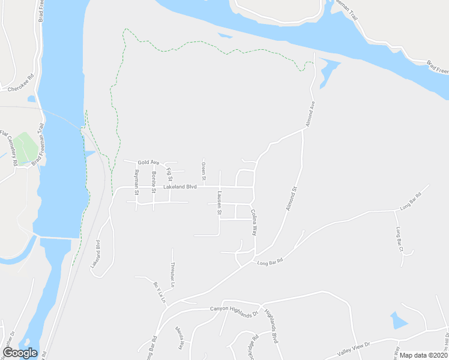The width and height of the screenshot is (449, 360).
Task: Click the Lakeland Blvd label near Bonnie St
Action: click(180, 187)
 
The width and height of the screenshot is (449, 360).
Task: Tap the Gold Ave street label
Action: click(148, 163)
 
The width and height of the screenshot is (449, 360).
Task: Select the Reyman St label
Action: click(137, 179)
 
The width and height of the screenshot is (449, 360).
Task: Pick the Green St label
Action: click(203, 171)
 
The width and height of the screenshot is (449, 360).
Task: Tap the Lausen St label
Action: click(220, 204)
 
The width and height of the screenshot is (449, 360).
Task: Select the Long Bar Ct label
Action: click(399, 238)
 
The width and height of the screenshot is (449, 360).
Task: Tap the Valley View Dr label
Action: click(355, 344)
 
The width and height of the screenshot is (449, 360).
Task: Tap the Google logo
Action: click(20, 353)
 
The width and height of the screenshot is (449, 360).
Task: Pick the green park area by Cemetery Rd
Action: click(24, 148)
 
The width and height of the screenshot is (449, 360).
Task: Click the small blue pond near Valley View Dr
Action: click(398, 320)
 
